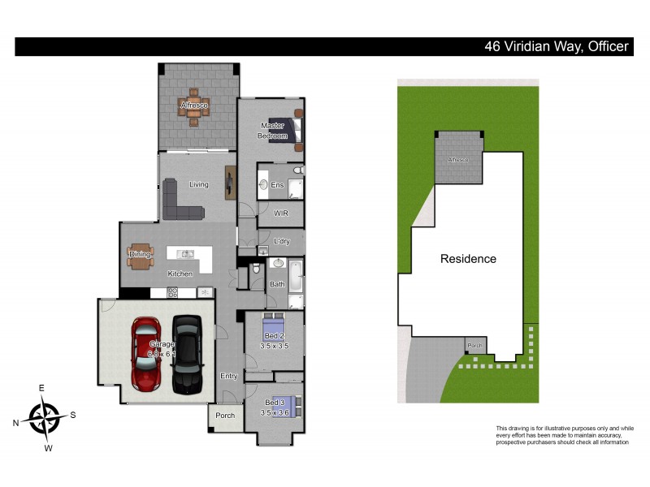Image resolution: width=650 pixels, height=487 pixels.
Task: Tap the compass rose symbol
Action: (45, 418)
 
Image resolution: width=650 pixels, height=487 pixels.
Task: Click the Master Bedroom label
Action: (272, 131)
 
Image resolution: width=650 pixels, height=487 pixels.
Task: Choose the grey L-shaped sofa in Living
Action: (179, 203)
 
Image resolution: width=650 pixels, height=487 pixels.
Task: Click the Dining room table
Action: (140, 255)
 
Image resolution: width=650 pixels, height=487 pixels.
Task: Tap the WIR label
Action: (282, 214)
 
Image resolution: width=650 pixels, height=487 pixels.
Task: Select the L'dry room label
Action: (282, 242)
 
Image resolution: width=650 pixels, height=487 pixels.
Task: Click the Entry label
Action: (229, 376)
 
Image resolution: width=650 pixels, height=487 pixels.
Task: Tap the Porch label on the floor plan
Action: (225, 416)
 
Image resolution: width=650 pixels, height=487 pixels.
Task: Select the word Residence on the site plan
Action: (468, 259)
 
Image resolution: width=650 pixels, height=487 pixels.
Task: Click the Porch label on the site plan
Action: (475, 346)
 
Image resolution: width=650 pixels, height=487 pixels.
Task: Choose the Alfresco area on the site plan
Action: (459, 158)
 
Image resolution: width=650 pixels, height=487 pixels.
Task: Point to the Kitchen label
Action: (180, 274)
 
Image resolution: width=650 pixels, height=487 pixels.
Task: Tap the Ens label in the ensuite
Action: (276, 185)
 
